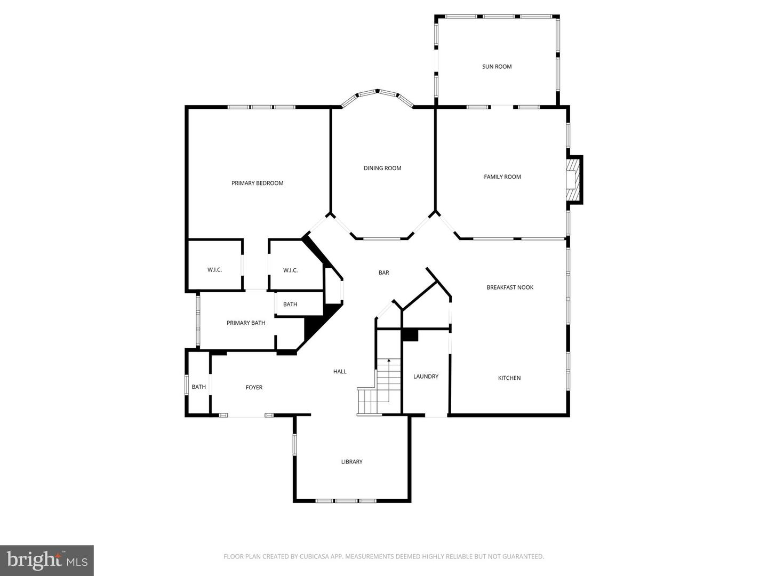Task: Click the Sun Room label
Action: click(497, 67)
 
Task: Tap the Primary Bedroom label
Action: click(257, 183)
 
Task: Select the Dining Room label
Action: click(382, 168)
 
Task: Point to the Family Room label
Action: click(502, 177)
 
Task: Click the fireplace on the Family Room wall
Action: click(573, 180)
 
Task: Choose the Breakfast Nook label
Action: click(510, 287)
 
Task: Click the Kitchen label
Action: click(509, 378)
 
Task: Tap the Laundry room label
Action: click(426, 377)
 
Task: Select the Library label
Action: click(351, 462)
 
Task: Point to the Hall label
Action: click(340, 372)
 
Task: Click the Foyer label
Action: click(254, 388)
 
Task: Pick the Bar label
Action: click(383, 273)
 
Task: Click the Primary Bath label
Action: click(246, 323)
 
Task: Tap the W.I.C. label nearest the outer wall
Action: click(214, 270)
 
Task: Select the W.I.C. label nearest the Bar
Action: click(290, 270)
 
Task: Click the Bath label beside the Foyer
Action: click(198, 387)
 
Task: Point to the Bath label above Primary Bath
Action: click(290, 305)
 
